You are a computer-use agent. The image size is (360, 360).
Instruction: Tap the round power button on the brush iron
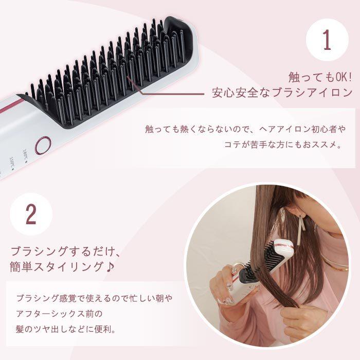(43, 145)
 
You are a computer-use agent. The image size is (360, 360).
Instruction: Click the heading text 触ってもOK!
(319, 77)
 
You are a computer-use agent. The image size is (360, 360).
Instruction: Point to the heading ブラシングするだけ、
(65, 251)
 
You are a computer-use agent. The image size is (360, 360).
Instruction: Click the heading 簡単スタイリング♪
(63, 268)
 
